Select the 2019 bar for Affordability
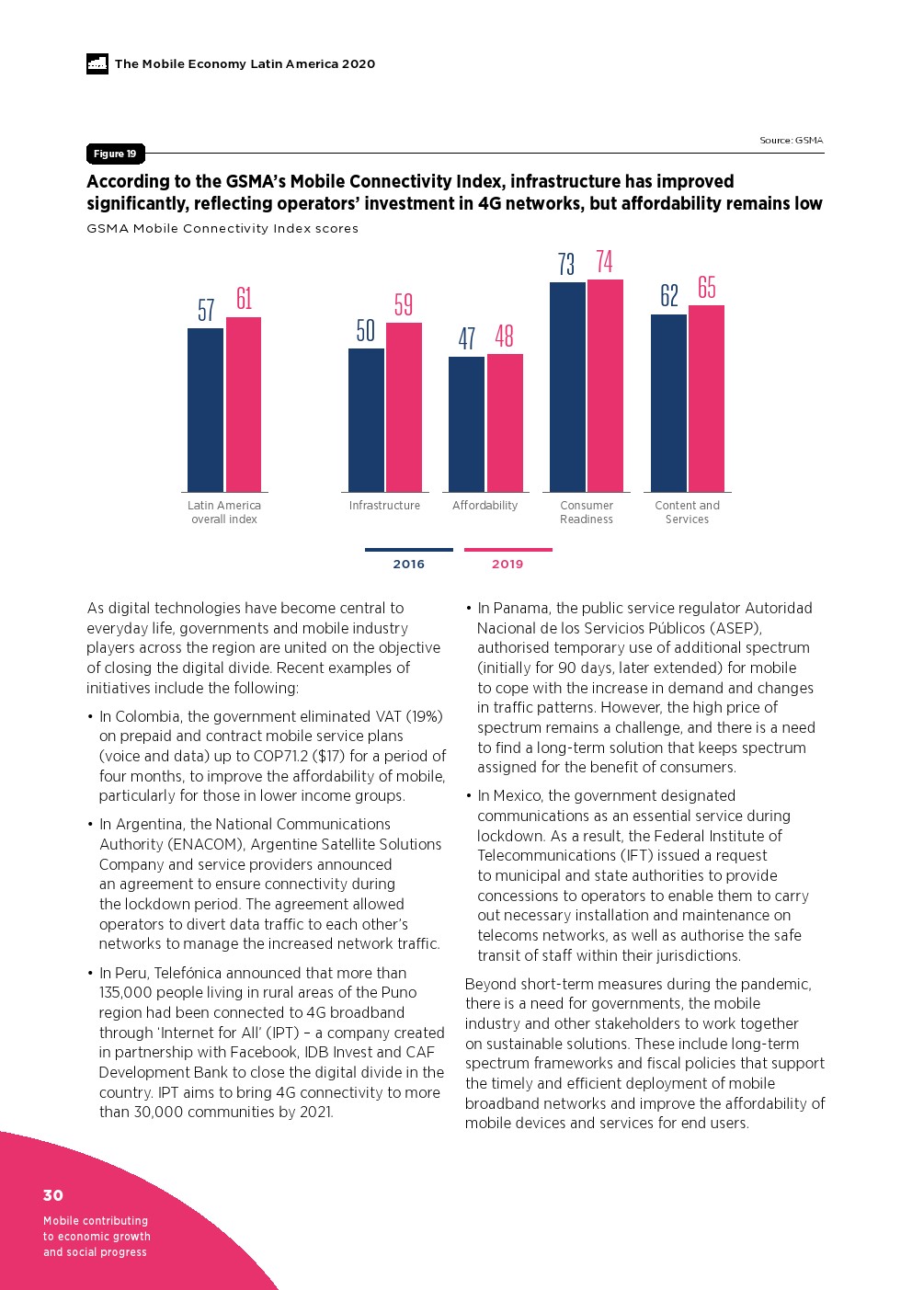(505, 423)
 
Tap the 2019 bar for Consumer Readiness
(605, 386)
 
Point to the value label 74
(604, 262)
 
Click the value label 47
(467, 338)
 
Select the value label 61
(244, 299)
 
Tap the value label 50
(366, 330)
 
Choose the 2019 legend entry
(507, 564)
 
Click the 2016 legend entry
(408, 564)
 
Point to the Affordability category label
(484, 506)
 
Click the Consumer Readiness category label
(587, 512)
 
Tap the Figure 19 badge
(115, 154)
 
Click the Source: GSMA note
(791, 141)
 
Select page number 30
(53, 1195)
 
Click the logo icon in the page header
(97, 63)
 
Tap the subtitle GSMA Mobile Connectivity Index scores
(222, 228)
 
